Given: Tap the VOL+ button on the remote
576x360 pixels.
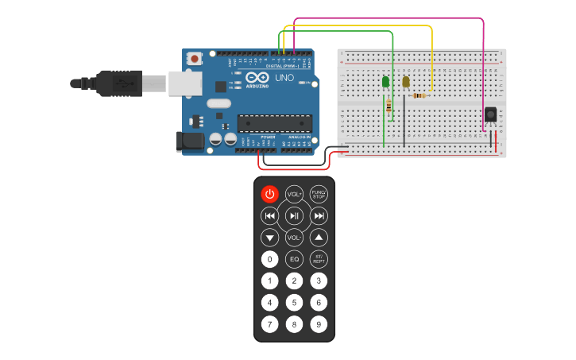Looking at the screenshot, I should tap(294, 194).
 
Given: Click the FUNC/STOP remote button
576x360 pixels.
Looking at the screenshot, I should tap(319, 194).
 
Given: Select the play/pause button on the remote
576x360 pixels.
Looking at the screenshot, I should tap(294, 215).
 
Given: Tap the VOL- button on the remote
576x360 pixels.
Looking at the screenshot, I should tap(294, 237).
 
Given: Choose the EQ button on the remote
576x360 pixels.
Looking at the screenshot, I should tap(294, 259).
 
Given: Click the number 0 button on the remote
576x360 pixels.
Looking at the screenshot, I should tap(270, 259).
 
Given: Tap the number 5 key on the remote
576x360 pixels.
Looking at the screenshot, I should tap(294, 302).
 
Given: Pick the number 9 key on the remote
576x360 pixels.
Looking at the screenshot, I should tap(319, 323).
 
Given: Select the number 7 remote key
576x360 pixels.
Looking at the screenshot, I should tap(270, 323).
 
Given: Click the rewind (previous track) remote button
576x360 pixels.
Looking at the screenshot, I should tap(270, 215).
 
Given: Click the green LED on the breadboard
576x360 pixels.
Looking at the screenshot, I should tap(386, 81).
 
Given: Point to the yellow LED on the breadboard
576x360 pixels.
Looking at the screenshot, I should tap(405, 81).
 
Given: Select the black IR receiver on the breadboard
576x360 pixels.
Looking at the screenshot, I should tap(491, 114).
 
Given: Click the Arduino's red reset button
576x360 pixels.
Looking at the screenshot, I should tap(195, 58).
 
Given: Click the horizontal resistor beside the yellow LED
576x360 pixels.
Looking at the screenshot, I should tap(419, 95).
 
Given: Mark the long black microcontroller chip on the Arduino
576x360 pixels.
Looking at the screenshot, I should tap(275, 122).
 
